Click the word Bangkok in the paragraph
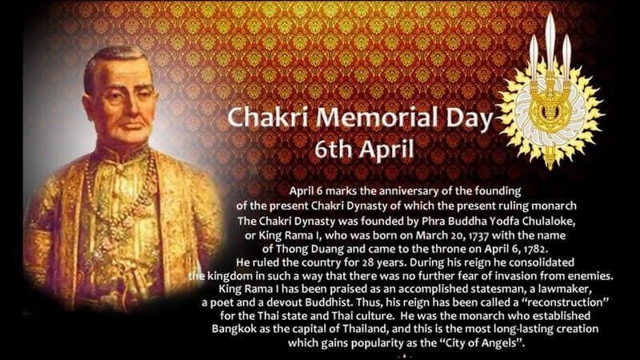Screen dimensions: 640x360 (234, 329)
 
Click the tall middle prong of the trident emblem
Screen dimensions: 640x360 (550, 45)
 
